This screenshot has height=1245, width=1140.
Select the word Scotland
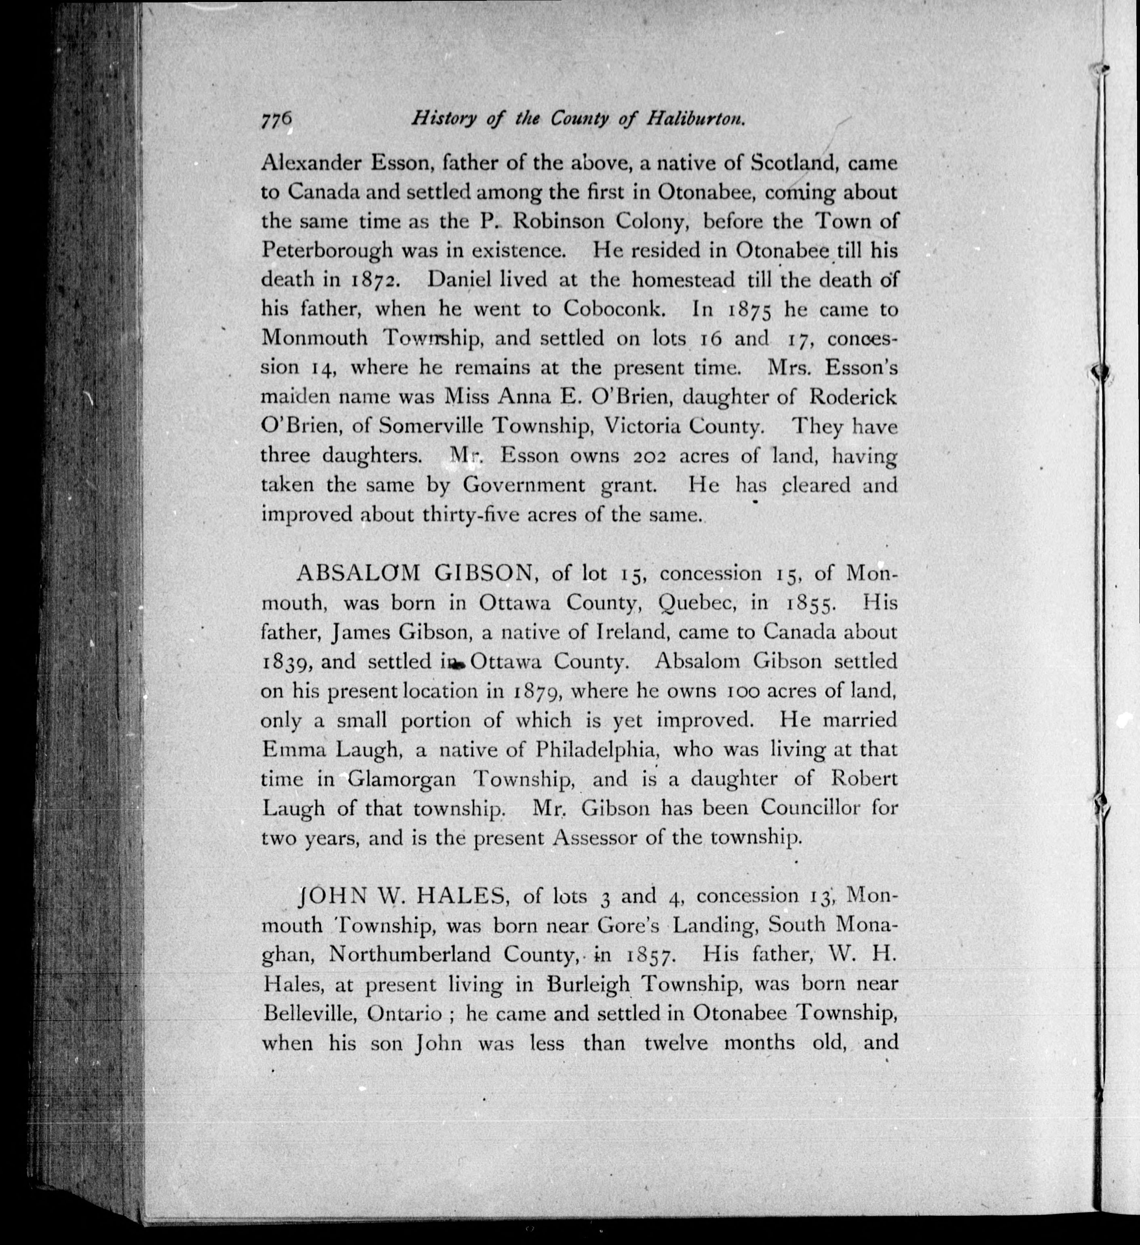(795, 164)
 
